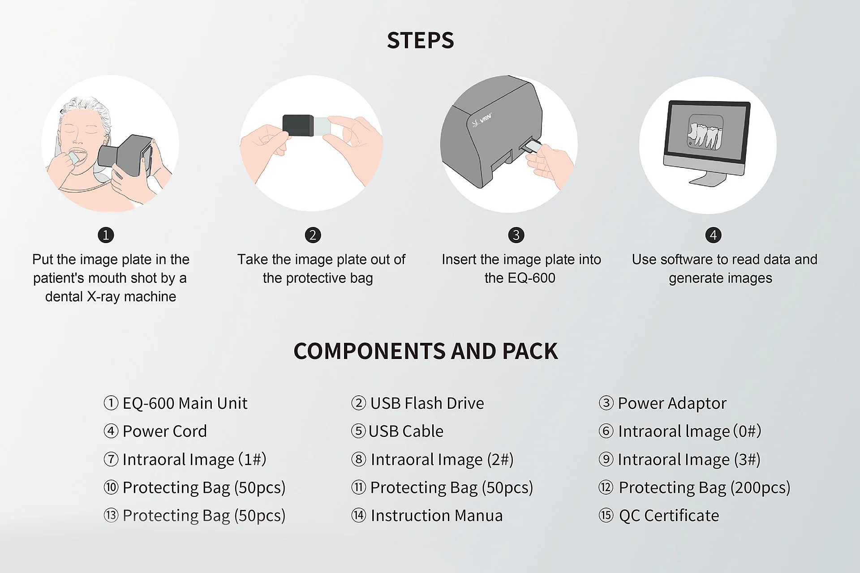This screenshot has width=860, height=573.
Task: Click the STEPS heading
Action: pos(420,40)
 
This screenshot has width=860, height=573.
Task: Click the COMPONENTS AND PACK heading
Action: pos(426,351)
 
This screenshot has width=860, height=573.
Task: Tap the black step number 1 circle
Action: pos(106,235)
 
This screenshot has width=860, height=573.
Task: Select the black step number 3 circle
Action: pos(516,235)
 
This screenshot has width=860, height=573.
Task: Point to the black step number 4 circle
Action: pos(713,235)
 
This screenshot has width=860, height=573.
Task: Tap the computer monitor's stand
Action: pos(708,178)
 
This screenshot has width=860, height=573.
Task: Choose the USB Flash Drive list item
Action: pos(417,403)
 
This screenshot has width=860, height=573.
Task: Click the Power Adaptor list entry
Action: pos(662,404)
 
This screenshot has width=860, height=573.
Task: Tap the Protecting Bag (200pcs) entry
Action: pos(694,487)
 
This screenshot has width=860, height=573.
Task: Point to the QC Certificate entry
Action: pos(659,516)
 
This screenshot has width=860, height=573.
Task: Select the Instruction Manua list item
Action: pos(427,516)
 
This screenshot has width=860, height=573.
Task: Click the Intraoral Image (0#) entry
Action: pos(680,432)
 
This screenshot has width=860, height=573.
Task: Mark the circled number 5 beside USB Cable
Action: pos(358,431)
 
